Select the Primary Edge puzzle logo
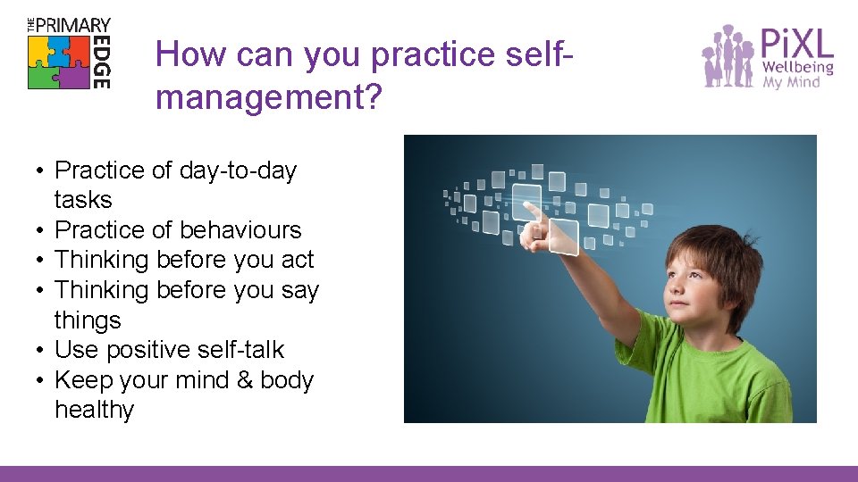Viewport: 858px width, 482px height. [68, 54]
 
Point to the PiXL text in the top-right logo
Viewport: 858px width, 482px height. [796, 44]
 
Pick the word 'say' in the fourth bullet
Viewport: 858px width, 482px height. [299, 290]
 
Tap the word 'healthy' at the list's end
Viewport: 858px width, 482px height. [94, 410]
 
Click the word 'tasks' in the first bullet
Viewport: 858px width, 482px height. [82, 200]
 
